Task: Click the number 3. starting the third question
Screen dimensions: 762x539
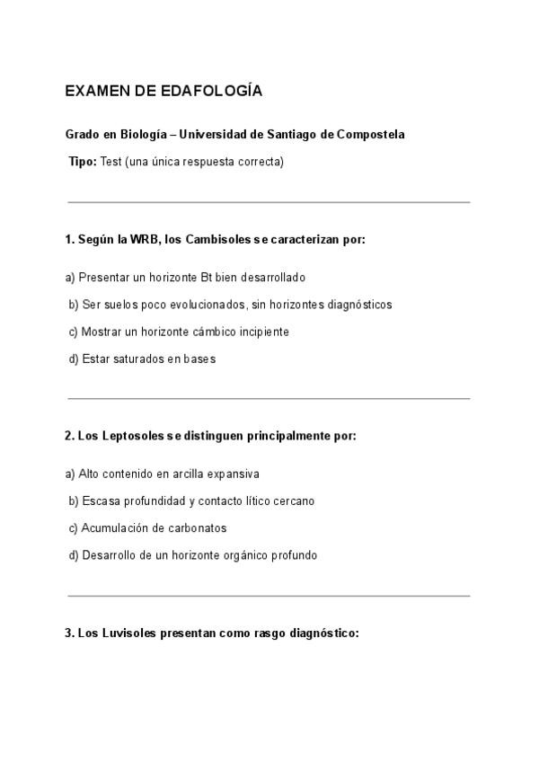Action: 69,633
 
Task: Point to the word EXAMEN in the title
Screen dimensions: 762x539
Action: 93,92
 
